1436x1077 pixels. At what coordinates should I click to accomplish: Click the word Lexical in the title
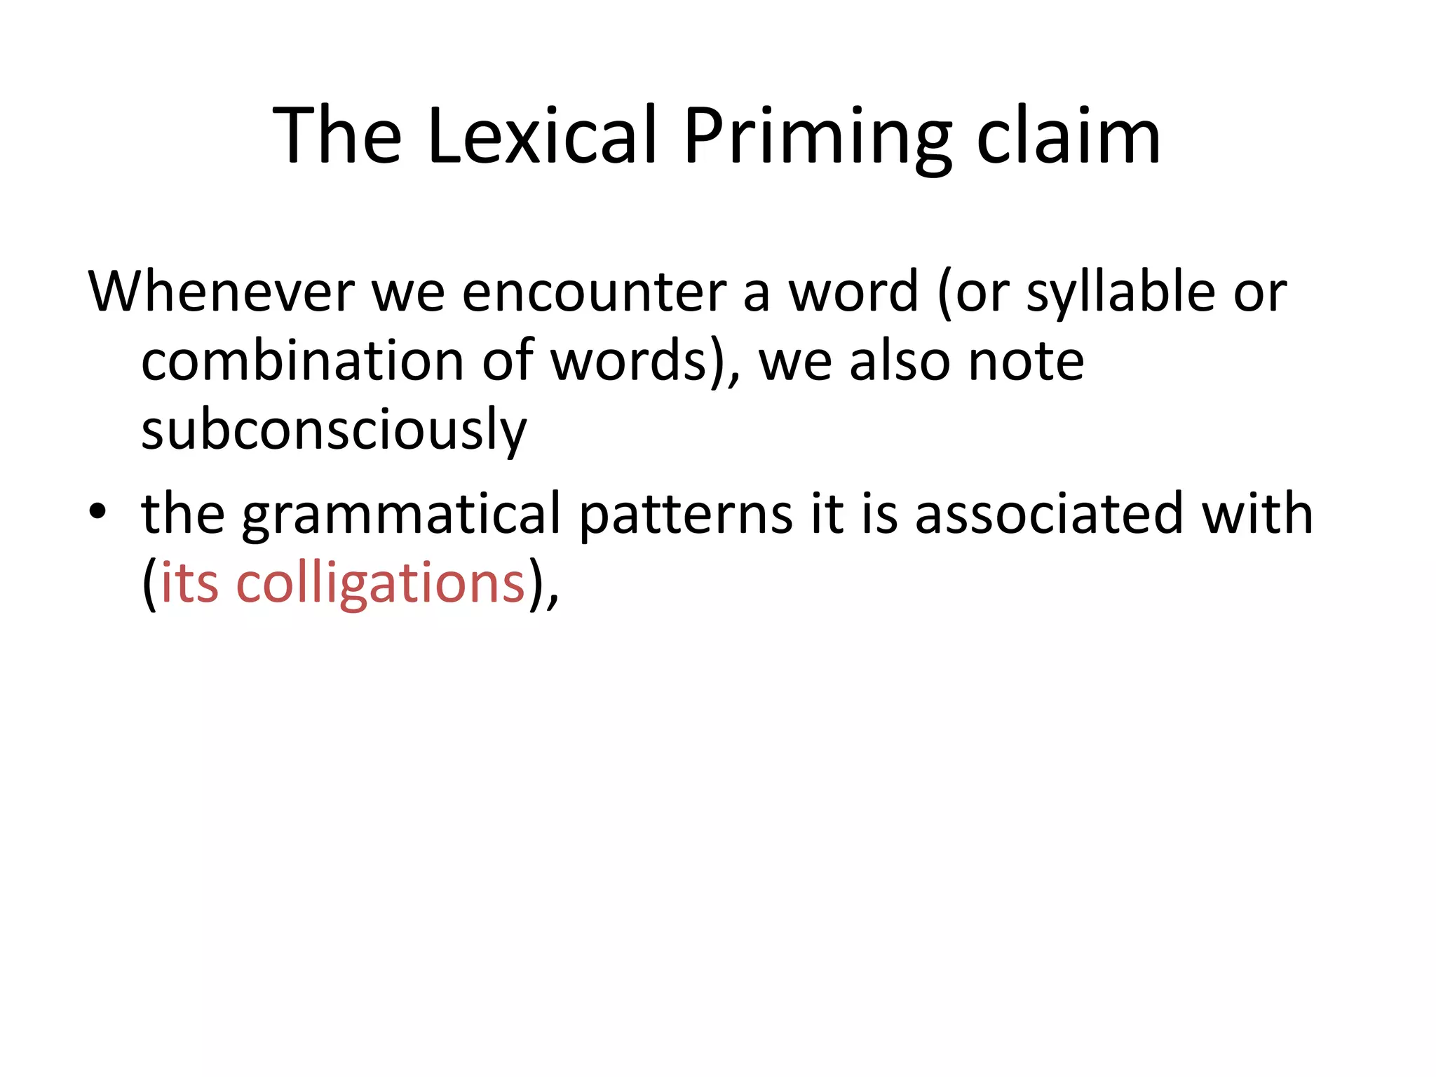click(x=542, y=136)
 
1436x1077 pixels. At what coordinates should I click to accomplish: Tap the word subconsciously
click(x=334, y=430)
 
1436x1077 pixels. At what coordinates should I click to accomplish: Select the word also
click(x=900, y=360)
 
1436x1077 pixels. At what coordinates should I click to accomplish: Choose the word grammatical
click(x=401, y=514)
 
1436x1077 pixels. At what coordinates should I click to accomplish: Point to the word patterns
click(x=686, y=514)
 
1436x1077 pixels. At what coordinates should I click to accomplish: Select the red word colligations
click(x=381, y=583)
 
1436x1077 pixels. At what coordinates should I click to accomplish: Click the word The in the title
click(x=337, y=136)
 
